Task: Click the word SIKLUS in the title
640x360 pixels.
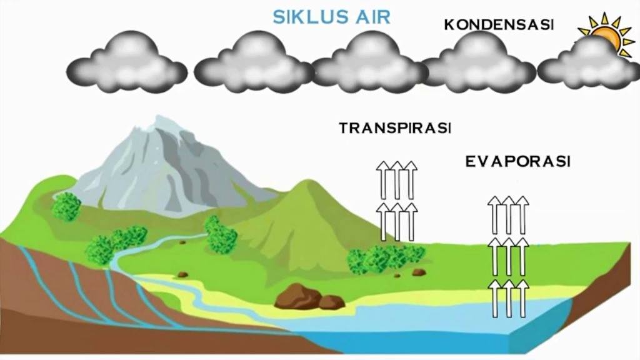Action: tap(306, 17)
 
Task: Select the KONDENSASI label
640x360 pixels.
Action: tap(499, 25)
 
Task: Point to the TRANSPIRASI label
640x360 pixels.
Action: tap(395, 128)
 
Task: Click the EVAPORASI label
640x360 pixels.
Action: tap(517, 162)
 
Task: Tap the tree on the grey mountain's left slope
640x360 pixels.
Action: tap(66, 206)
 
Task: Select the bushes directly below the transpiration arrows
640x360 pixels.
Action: tap(386, 259)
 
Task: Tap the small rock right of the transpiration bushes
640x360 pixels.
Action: tap(419, 272)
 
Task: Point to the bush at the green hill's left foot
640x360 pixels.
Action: tap(221, 236)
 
